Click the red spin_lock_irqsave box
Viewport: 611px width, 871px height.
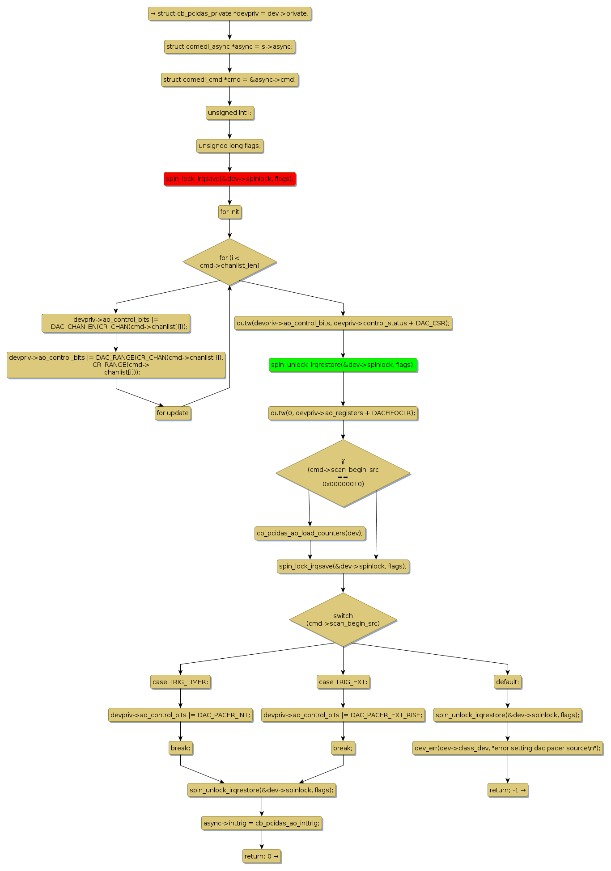(x=229, y=179)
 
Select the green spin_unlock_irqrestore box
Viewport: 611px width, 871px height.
(x=343, y=365)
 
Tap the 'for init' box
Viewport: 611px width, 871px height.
(x=229, y=212)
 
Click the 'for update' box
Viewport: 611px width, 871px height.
(x=173, y=413)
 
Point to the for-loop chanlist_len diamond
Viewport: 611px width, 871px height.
(x=229, y=261)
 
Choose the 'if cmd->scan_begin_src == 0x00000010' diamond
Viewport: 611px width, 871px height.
(x=343, y=473)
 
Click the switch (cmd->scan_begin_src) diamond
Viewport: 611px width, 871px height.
(x=343, y=619)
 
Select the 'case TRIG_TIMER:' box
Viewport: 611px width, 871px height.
(x=180, y=682)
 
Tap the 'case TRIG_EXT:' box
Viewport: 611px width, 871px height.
(x=343, y=682)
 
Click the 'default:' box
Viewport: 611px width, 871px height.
(x=508, y=682)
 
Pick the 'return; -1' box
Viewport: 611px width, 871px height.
(x=508, y=790)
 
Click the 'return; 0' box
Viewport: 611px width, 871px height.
(x=262, y=856)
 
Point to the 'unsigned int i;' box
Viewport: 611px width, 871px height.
(x=229, y=113)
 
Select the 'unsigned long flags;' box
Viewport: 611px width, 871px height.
(x=229, y=146)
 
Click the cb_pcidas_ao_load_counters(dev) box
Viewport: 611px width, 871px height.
(x=310, y=533)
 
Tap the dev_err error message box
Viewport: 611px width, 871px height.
(x=508, y=748)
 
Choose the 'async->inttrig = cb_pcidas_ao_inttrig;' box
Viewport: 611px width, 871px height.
(x=262, y=823)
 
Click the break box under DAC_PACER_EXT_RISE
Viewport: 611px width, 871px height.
(x=343, y=748)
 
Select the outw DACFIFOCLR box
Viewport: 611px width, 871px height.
(x=343, y=413)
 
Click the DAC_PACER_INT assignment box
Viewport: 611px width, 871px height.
(x=180, y=715)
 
